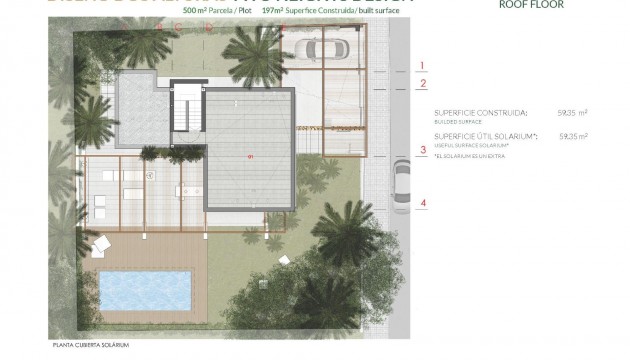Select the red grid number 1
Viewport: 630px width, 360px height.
(423, 66)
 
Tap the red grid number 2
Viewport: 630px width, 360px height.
(423, 84)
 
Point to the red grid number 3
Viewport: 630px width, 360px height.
(423, 151)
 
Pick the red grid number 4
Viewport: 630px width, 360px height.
(423, 204)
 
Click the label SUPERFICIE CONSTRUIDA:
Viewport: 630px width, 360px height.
(481, 113)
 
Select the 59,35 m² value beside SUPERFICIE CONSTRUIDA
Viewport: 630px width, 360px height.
(573, 113)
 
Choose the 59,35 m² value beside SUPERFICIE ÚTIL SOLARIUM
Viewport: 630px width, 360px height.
(573, 135)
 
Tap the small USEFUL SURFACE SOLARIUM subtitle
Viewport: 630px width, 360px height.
(468, 144)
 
